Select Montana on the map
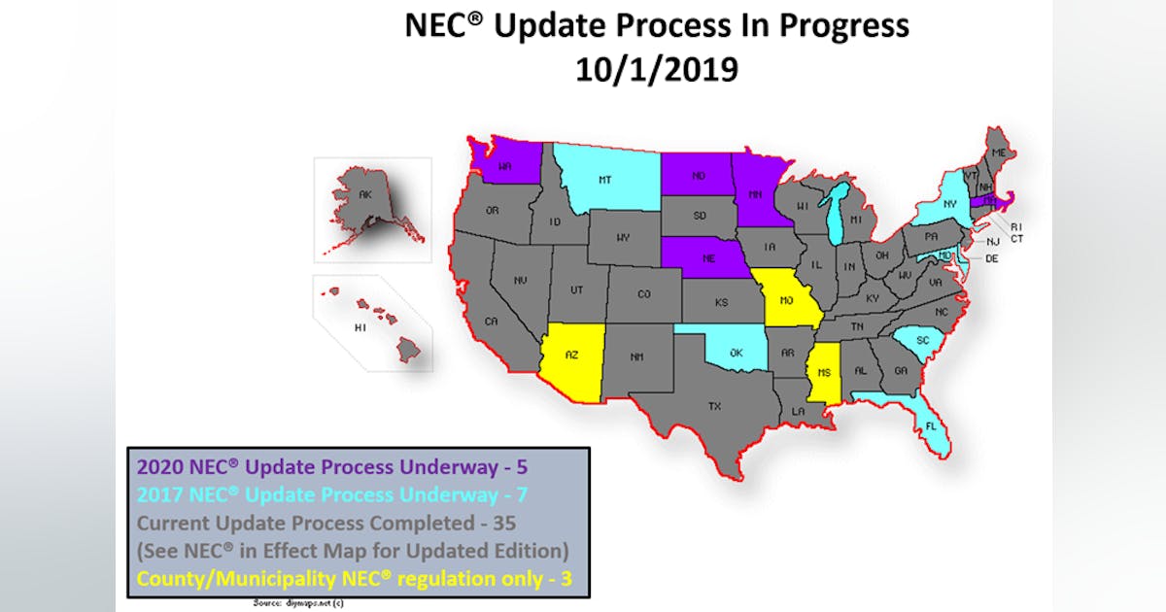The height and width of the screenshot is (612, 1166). click(605, 180)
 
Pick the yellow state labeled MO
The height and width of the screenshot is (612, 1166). click(786, 300)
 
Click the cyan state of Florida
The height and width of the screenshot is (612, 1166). click(930, 424)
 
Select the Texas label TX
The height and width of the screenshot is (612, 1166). click(714, 406)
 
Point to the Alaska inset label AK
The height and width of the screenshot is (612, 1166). click(365, 194)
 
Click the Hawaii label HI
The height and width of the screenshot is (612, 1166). click(360, 327)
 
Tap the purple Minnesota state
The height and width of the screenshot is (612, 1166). click(754, 192)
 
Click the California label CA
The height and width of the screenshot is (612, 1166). click(492, 322)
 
